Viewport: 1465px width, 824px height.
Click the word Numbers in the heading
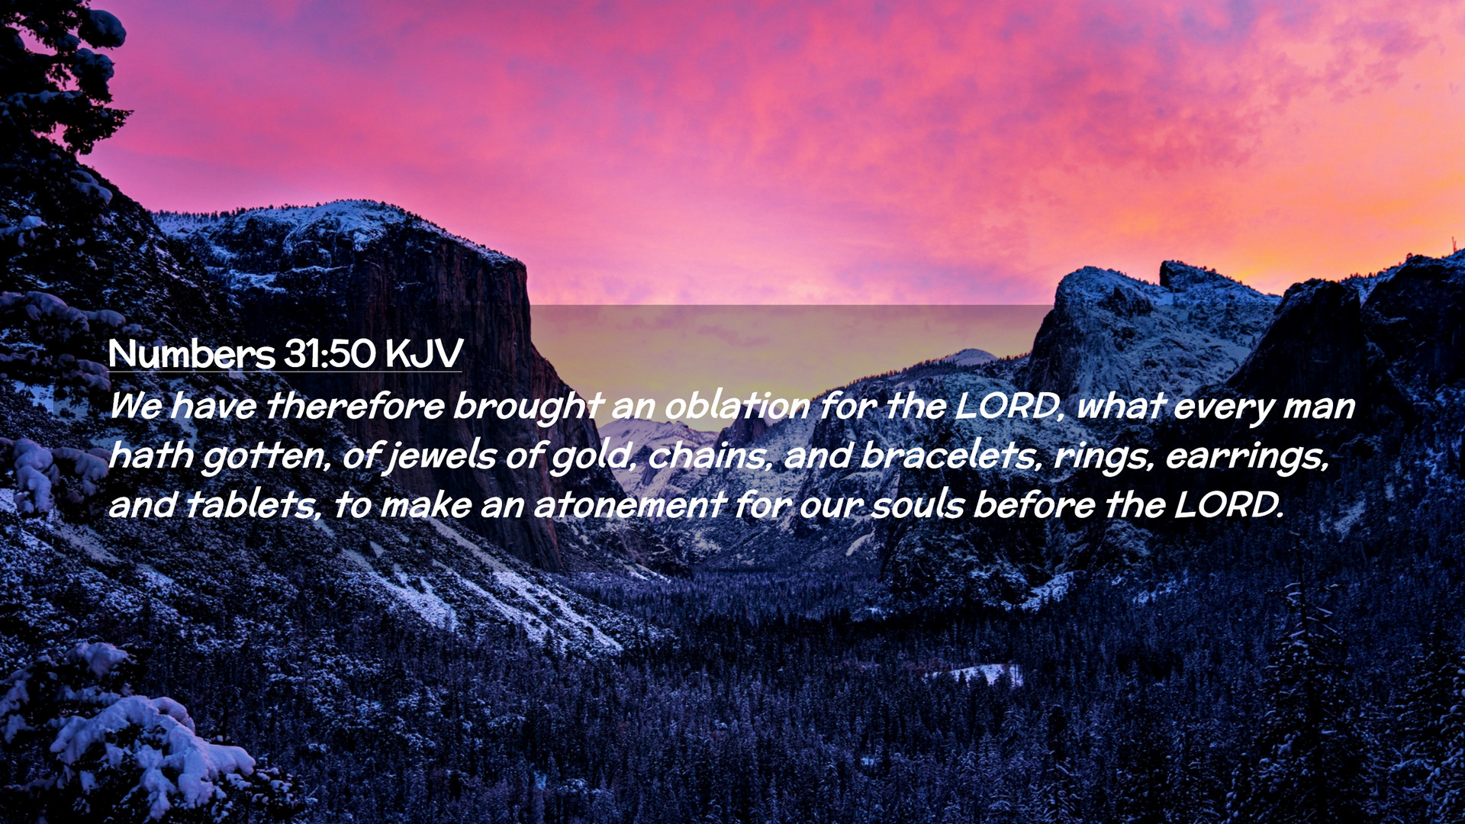pos(192,353)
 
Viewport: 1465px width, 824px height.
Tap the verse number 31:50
pos(330,353)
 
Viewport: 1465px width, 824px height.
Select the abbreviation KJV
pos(424,353)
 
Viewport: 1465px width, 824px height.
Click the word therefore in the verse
pos(355,405)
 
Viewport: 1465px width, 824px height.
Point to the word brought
pos(528,407)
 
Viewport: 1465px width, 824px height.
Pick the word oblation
pos(737,405)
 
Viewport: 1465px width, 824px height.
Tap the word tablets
pos(253,505)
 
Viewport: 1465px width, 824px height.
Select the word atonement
pos(629,505)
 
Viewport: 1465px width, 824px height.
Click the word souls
pos(919,505)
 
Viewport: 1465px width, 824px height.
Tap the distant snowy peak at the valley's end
pos(968,357)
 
